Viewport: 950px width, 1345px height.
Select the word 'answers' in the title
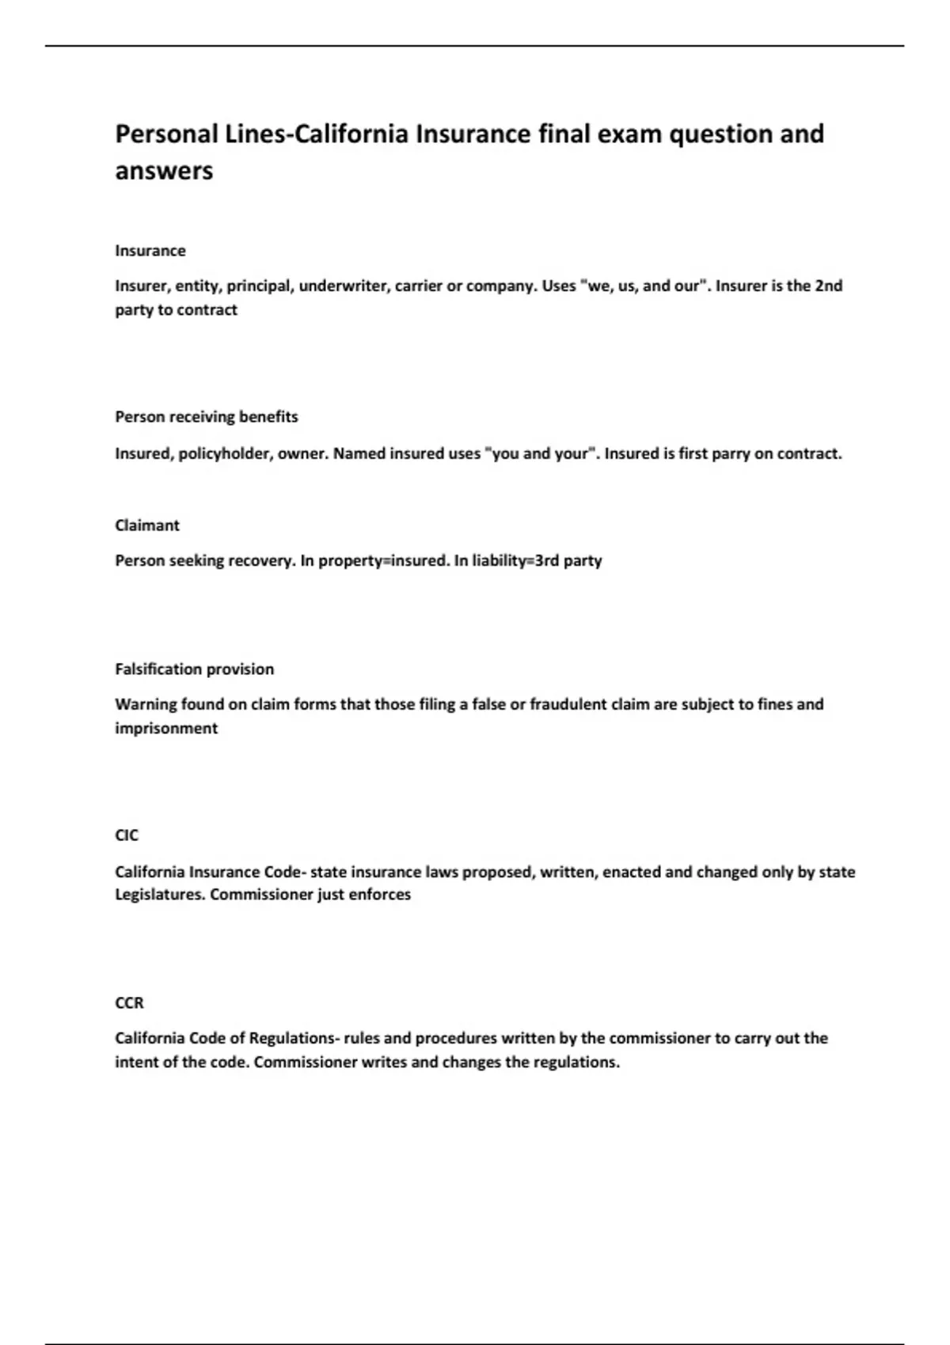pos(164,171)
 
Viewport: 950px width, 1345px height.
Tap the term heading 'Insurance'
pos(150,251)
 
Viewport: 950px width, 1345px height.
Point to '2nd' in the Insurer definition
pos(828,286)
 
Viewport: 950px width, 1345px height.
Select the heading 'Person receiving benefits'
pos(207,417)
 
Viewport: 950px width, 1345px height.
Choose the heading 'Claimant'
pos(147,525)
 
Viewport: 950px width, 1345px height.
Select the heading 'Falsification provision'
pos(195,669)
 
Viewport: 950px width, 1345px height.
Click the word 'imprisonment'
pos(166,728)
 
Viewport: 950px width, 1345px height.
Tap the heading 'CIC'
pos(127,835)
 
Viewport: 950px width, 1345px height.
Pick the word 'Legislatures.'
pos(160,895)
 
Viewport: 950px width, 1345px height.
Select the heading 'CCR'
pos(130,1003)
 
